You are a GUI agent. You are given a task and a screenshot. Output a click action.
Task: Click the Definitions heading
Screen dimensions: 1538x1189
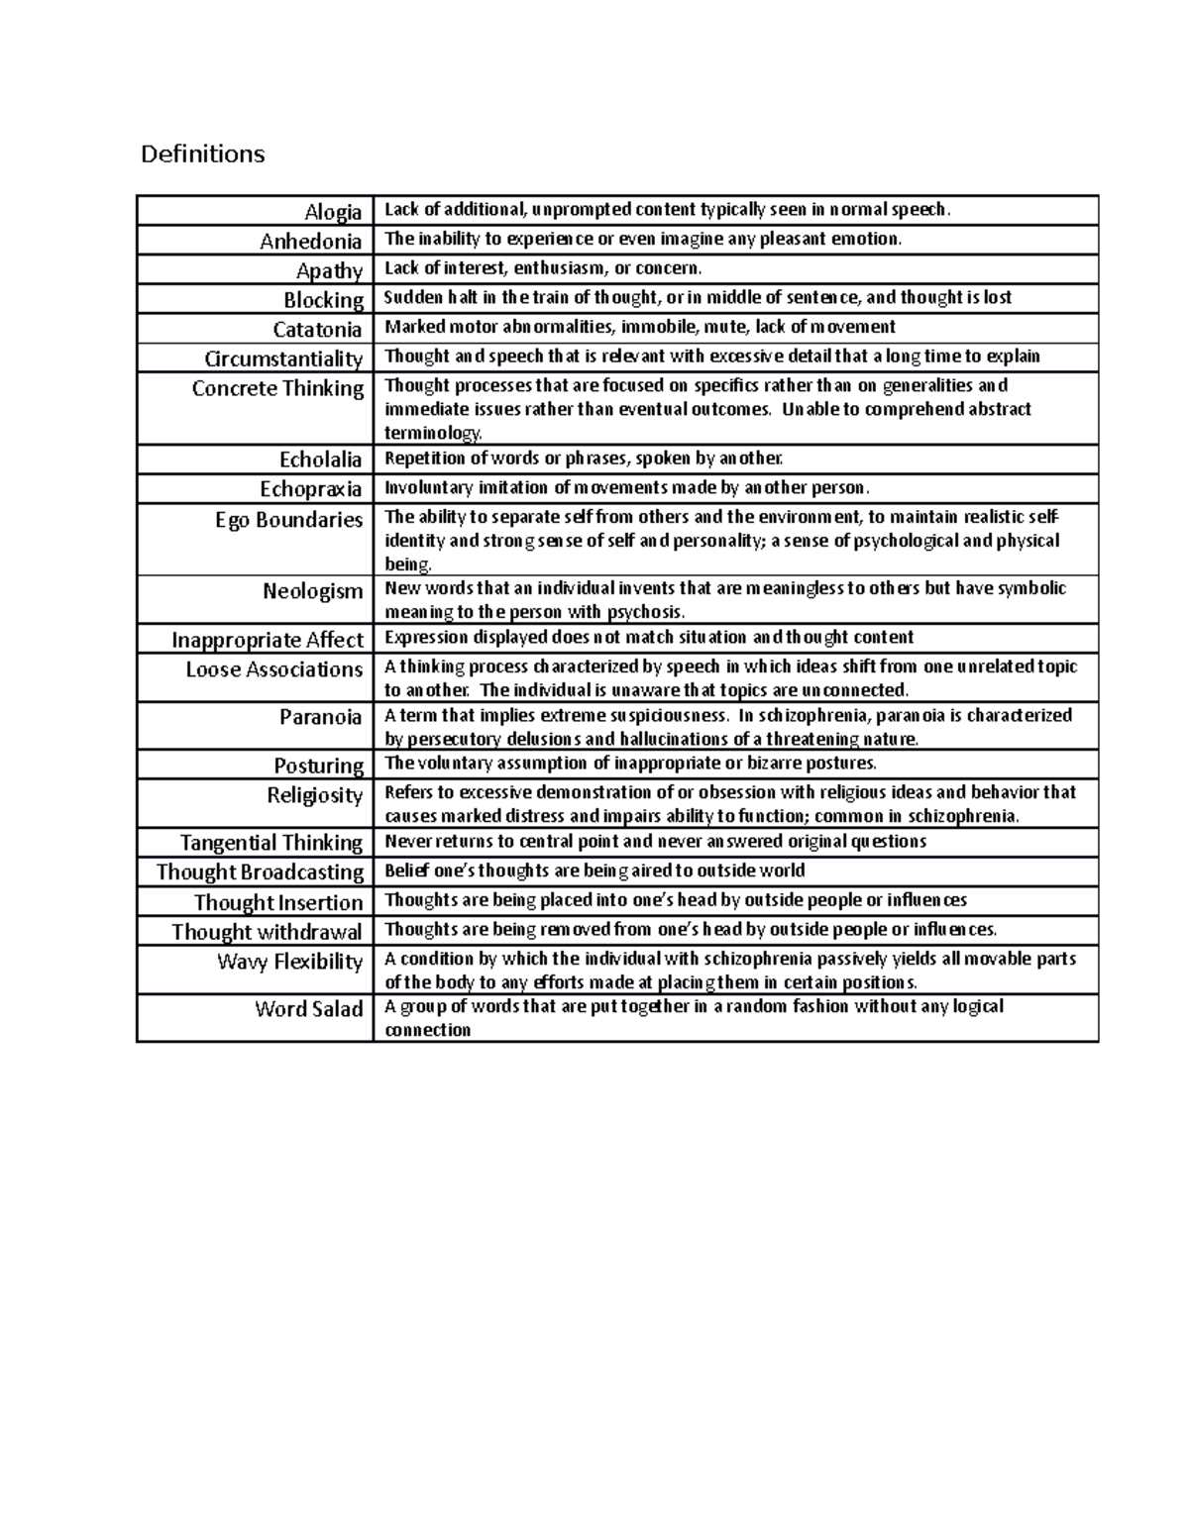(203, 154)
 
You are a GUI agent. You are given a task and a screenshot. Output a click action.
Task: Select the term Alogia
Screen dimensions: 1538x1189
(333, 212)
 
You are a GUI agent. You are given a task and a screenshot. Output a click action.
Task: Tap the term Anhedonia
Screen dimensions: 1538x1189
(310, 242)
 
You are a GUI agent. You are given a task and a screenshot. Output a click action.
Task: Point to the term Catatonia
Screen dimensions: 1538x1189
(317, 330)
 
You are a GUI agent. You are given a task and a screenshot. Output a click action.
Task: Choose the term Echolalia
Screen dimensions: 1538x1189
(320, 460)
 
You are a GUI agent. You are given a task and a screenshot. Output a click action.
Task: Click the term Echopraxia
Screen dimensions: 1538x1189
(310, 489)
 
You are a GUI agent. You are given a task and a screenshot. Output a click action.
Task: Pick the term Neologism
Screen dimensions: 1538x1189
(312, 591)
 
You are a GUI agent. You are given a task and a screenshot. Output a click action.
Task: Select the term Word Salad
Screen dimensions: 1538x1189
(308, 1009)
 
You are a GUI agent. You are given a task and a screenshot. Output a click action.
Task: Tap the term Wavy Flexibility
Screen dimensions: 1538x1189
(289, 962)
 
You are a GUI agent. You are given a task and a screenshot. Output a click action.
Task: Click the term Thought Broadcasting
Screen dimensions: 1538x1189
(260, 872)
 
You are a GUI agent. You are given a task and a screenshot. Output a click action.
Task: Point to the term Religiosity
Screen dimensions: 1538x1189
(314, 795)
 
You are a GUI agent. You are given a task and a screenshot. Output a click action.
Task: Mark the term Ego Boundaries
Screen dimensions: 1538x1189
(288, 520)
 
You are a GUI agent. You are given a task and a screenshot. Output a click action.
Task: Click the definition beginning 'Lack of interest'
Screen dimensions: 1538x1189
(543, 268)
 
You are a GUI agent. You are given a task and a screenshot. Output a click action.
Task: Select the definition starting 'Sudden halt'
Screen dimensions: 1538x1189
(698, 297)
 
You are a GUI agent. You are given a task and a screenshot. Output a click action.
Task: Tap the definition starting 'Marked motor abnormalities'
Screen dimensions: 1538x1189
(639, 327)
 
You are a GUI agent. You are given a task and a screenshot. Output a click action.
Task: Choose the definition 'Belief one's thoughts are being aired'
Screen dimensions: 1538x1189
(594, 871)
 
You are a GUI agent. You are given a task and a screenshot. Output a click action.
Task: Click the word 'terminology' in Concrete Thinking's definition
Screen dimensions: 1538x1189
(432, 433)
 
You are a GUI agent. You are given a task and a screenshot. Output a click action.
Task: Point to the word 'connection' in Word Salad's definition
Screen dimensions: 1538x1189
(427, 1030)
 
